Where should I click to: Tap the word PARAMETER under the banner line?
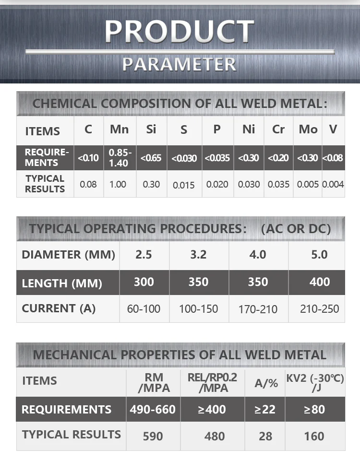pyautogui.click(x=180, y=64)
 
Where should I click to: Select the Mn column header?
pyautogui.click(x=119, y=129)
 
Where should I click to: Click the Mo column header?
pyautogui.click(x=308, y=129)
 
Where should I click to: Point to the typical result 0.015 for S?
pyautogui.click(x=184, y=185)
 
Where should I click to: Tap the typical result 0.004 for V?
pyautogui.click(x=333, y=184)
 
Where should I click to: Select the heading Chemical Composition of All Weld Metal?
pyautogui.click(x=180, y=103)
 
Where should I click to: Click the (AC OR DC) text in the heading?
pyautogui.click(x=296, y=229)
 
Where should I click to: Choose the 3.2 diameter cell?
pyautogui.click(x=198, y=254)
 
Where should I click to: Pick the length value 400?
pyautogui.click(x=319, y=282)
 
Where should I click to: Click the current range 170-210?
pyautogui.click(x=258, y=309)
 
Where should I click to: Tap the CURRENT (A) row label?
pyautogui.click(x=59, y=308)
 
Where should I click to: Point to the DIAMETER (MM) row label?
pyautogui.click(x=68, y=254)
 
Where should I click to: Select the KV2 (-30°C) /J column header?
pyautogui.click(x=315, y=382)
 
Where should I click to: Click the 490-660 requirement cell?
pyautogui.click(x=153, y=409)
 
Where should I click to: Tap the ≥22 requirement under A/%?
pyautogui.click(x=265, y=409)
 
